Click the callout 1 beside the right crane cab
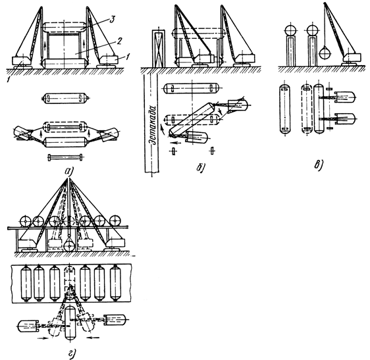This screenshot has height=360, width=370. (x=128, y=57)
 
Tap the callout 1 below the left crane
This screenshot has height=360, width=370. (x=9, y=80)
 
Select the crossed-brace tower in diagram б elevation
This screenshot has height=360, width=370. (x=159, y=48)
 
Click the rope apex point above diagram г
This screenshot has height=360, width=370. (x=68, y=178)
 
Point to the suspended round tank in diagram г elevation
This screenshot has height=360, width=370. (x=68, y=245)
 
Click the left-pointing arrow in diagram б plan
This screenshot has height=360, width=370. (x=176, y=142)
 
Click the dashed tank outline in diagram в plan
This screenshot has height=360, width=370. (x=307, y=109)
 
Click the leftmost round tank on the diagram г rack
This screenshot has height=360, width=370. (x=25, y=222)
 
